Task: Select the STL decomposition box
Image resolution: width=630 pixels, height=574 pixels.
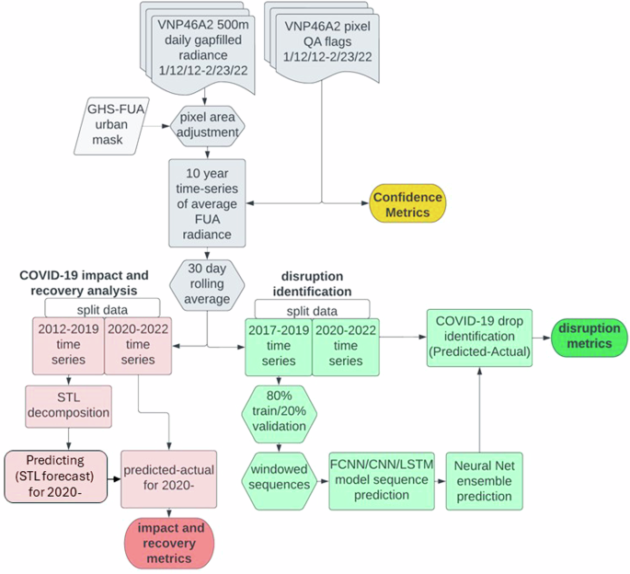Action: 67,407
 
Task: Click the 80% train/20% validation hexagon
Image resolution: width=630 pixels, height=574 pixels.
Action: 278,414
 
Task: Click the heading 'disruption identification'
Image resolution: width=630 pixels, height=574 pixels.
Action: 312,284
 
